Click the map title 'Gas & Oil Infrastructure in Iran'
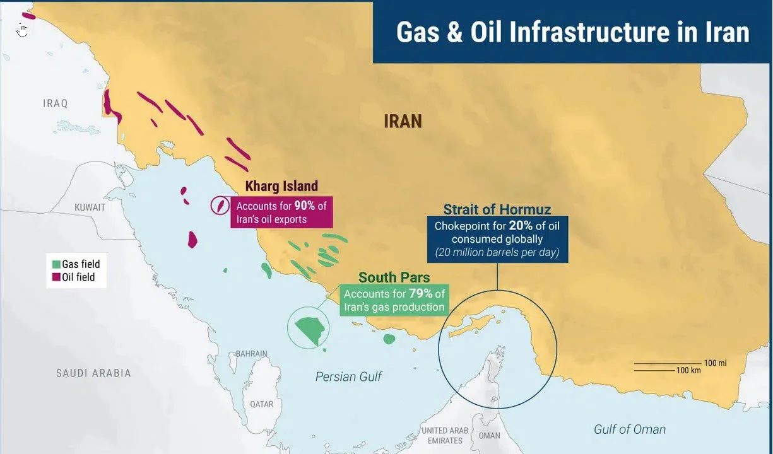coord(572,32)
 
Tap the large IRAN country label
coord(403,121)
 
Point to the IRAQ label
coord(55,103)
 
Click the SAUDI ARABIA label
coord(93,373)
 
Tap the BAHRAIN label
coord(251,354)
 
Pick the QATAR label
coord(261,404)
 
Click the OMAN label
coord(489,435)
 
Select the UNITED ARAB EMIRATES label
coord(446,436)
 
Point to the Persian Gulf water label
coord(348,376)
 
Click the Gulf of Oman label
coord(629,429)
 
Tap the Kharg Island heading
coord(281,187)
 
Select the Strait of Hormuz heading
coord(497,209)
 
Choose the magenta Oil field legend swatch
coord(56,277)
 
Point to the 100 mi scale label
coord(715,363)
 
